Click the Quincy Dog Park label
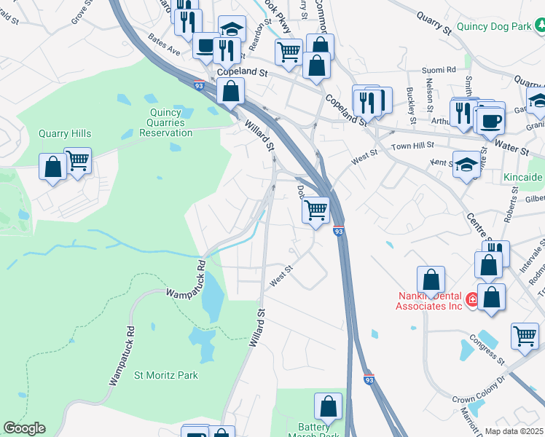click(493, 27)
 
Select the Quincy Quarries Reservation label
click(166, 122)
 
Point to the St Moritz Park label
click(166, 375)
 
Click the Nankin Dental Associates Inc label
click(429, 301)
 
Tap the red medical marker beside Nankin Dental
click(472, 299)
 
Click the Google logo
click(24, 428)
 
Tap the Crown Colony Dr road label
click(478, 400)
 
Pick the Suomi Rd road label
click(440, 70)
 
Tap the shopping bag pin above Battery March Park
click(328, 406)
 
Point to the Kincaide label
click(522, 177)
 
